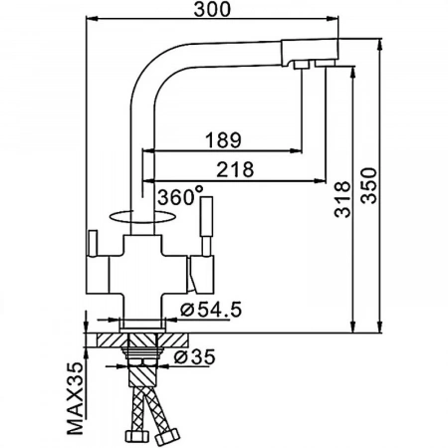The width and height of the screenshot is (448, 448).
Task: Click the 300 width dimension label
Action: pos(212,9)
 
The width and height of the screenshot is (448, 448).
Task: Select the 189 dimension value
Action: pos(223,140)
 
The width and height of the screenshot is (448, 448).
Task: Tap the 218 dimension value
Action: pos(235,169)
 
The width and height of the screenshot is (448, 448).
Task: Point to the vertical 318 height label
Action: pos(342,199)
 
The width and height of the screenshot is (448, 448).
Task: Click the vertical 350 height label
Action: pos(369,186)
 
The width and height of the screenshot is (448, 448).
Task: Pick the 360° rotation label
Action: pos(180,196)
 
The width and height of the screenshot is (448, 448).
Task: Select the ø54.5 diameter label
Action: pos(211,310)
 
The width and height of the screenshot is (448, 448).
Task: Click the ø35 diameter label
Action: pos(194,357)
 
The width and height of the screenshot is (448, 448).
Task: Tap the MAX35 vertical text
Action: pos(76,398)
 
